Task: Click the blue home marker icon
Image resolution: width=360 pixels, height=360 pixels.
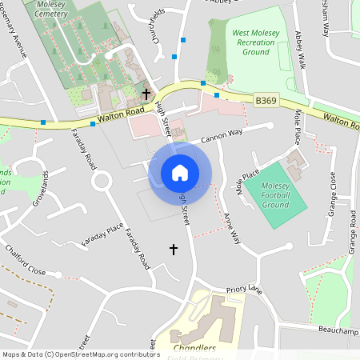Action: click(180, 172)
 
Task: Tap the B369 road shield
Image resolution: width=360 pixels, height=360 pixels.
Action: click(266, 101)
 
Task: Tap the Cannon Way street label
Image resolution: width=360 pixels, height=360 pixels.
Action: click(221, 138)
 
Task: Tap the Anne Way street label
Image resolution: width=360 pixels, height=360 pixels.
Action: click(231, 228)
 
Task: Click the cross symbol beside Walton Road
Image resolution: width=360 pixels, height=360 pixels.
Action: click(146, 94)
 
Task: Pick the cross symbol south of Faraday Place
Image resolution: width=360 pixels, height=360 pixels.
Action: click(174, 250)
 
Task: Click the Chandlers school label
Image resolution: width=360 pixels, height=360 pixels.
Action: click(194, 349)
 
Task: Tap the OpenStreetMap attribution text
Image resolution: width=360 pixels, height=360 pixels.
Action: click(81, 354)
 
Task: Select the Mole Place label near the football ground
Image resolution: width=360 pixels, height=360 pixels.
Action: click(249, 183)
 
